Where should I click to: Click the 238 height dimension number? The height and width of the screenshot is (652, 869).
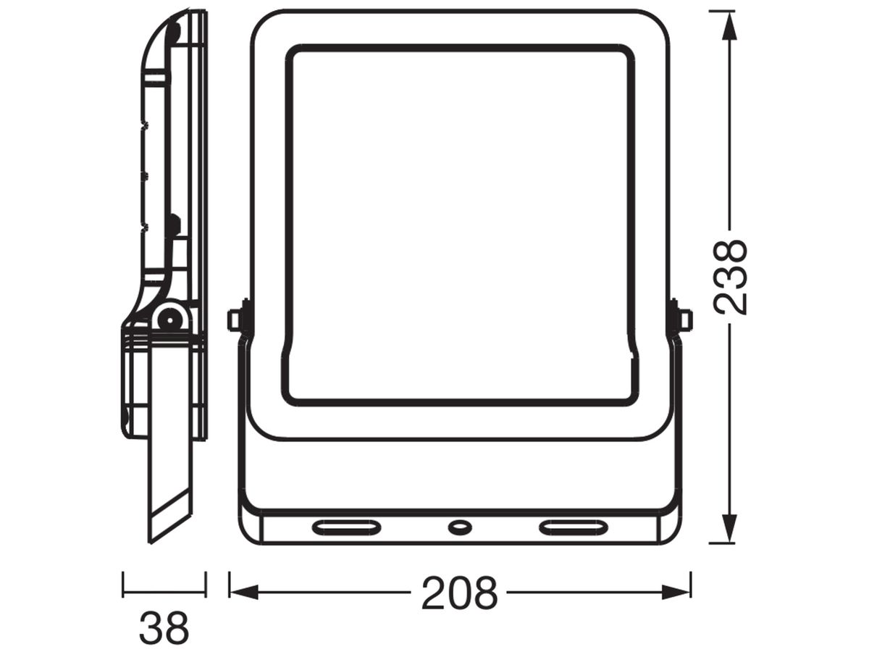pos(730,277)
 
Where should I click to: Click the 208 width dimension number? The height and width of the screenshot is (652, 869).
pos(459,593)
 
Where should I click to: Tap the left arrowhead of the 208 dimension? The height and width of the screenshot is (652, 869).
pos(244,593)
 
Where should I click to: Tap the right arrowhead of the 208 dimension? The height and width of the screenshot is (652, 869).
pos(676,593)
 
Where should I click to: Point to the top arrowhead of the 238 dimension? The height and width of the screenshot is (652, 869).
pos(729,25)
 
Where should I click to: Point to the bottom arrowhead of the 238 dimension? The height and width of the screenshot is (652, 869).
pos(729,529)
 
